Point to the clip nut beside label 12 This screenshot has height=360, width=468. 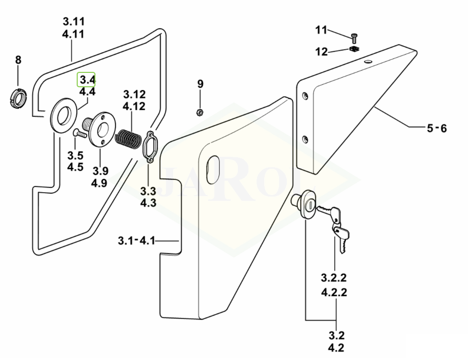(x=354, y=49)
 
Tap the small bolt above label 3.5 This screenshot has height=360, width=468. (x=79, y=134)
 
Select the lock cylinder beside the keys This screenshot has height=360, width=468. (x=304, y=204)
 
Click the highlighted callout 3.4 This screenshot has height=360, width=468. (x=87, y=80)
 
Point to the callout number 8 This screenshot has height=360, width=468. (x=18, y=60)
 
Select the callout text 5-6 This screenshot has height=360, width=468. (x=436, y=128)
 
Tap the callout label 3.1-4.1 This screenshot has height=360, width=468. (x=137, y=240)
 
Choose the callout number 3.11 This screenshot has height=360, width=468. (x=73, y=22)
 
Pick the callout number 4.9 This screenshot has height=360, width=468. (x=100, y=183)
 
